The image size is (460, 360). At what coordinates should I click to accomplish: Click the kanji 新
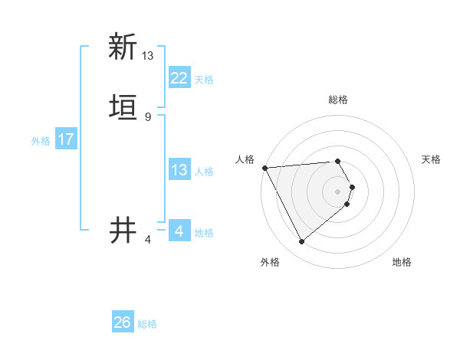(x=122, y=47)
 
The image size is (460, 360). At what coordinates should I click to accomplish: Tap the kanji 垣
(x=122, y=108)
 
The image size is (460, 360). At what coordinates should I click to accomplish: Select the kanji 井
(x=122, y=229)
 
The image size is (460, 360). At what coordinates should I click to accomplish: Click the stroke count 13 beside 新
(x=148, y=56)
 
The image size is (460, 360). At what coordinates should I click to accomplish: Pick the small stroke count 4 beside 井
(x=148, y=239)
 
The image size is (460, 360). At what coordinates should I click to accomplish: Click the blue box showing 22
(x=179, y=78)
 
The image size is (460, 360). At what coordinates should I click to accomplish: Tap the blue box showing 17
(x=65, y=139)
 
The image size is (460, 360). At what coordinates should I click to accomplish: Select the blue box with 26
(x=122, y=322)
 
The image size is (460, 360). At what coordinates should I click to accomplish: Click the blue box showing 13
(x=179, y=170)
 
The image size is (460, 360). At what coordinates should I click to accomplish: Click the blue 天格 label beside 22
(x=204, y=79)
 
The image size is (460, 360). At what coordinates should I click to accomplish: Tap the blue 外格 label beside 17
(x=41, y=140)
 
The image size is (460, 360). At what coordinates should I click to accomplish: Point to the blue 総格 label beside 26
(x=147, y=323)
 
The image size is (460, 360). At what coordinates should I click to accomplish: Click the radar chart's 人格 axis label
(x=245, y=159)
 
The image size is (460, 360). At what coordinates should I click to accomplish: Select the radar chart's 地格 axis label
(x=402, y=262)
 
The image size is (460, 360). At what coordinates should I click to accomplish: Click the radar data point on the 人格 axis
(x=264, y=167)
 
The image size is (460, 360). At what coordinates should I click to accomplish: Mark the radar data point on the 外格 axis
(x=301, y=242)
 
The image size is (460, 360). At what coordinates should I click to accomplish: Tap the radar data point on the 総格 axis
(x=337, y=161)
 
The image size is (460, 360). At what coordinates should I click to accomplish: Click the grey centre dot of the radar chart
(x=338, y=191)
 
